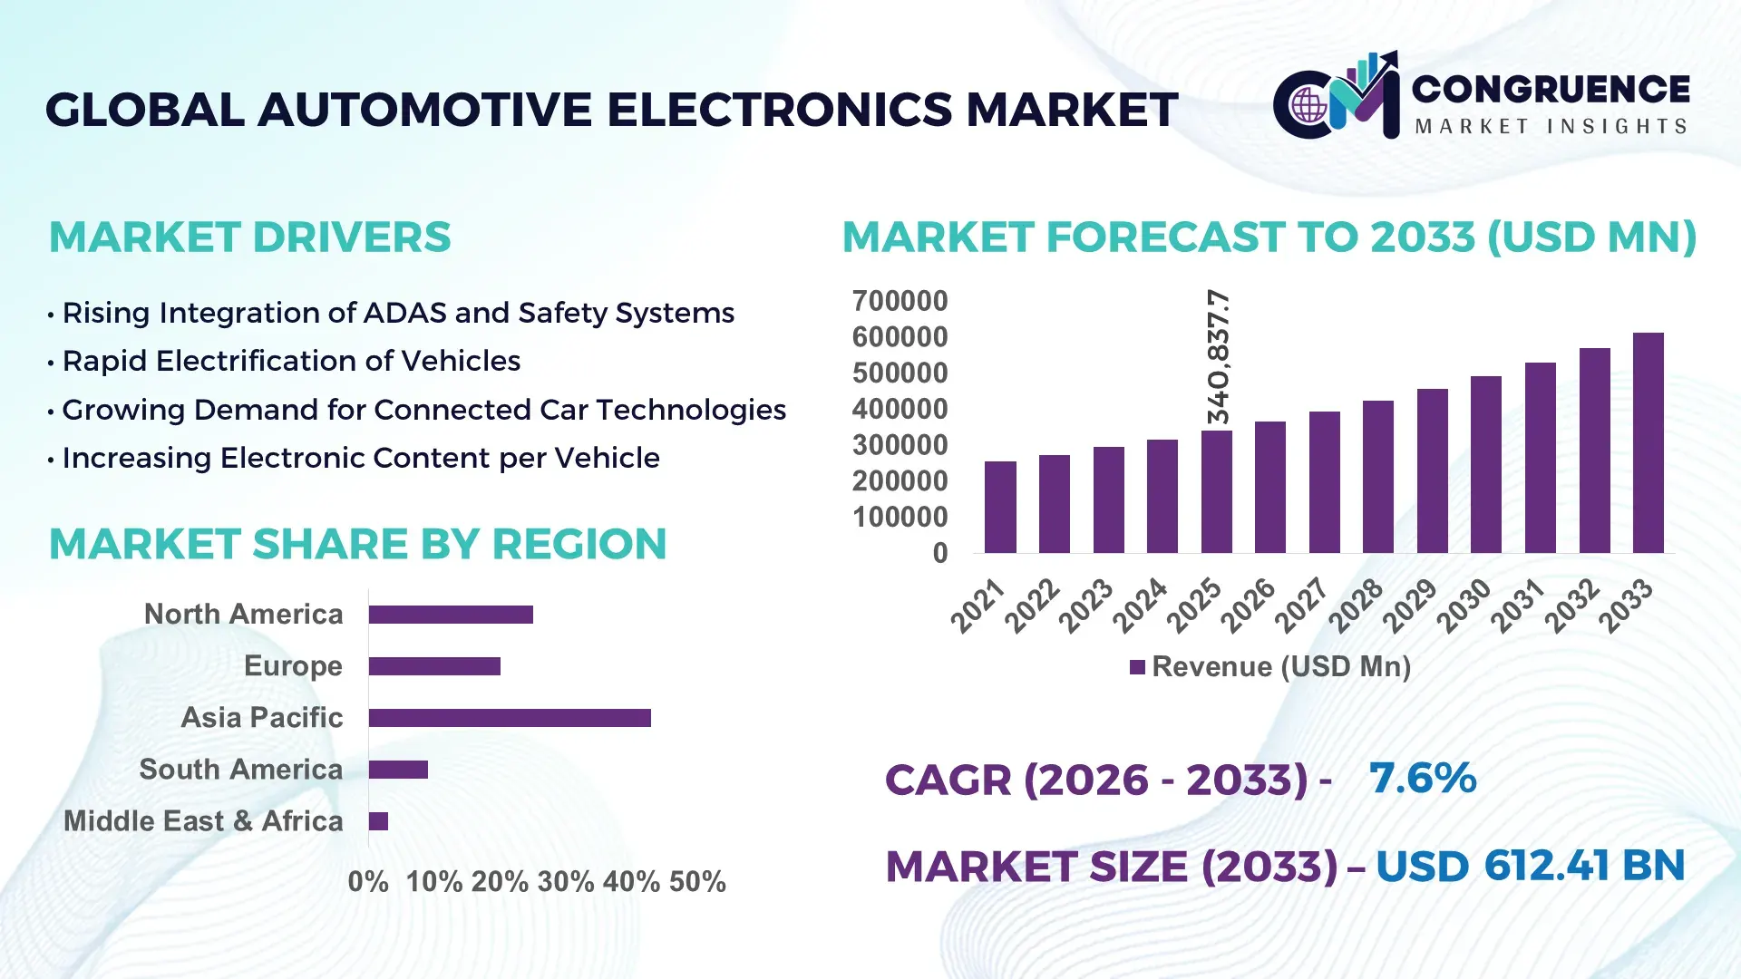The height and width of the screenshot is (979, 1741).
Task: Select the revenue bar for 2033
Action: pyautogui.click(x=1648, y=443)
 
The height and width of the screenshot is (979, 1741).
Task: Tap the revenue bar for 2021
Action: pyautogui.click(x=1000, y=507)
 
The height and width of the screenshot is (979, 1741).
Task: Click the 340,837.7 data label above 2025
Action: pyautogui.click(x=1218, y=357)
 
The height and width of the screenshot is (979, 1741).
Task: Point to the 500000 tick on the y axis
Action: pyautogui.click(x=900, y=373)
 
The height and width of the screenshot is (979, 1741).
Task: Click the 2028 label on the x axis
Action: pyautogui.click(x=1357, y=605)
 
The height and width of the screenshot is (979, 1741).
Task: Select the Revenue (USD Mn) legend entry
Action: pyautogui.click(x=1269, y=667)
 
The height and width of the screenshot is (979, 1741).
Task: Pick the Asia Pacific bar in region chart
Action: pyautogui.click(x=510, y=718)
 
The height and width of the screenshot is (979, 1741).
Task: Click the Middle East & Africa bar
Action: pyautogui.click(x=378, y=821)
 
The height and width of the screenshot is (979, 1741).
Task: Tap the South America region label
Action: pyautogui.click(x=240, y=770)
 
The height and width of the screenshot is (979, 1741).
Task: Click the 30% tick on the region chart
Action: pyautogui.click(x=566, y=882)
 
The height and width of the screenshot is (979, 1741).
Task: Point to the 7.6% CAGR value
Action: pyautogui.click(x=1422, y=778)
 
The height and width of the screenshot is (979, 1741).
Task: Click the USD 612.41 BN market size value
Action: pyautogui.click(x=1530, y=866)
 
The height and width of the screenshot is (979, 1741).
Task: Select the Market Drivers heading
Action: pyautogui.click(x=249, y=237)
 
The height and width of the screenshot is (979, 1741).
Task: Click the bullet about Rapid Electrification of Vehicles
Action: pyautogui.click(x=290, y=361)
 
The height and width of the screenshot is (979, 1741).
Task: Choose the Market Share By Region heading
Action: pyautogui.click(x=357, y=544)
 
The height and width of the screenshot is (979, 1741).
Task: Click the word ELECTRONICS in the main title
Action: pyautogui.click(x=779, y=110)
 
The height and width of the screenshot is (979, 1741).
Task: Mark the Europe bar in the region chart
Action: pyautogui.click(x=434, y=666)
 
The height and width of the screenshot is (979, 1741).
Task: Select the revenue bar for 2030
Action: pyautogui.click(x=1485, y=465)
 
